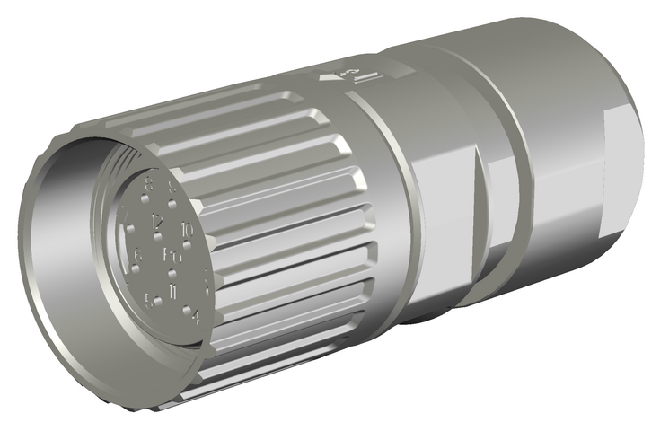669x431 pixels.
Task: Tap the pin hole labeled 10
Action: (176, 242)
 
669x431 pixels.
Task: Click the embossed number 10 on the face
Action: (187, 231)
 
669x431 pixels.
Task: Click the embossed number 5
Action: (150, 300)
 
